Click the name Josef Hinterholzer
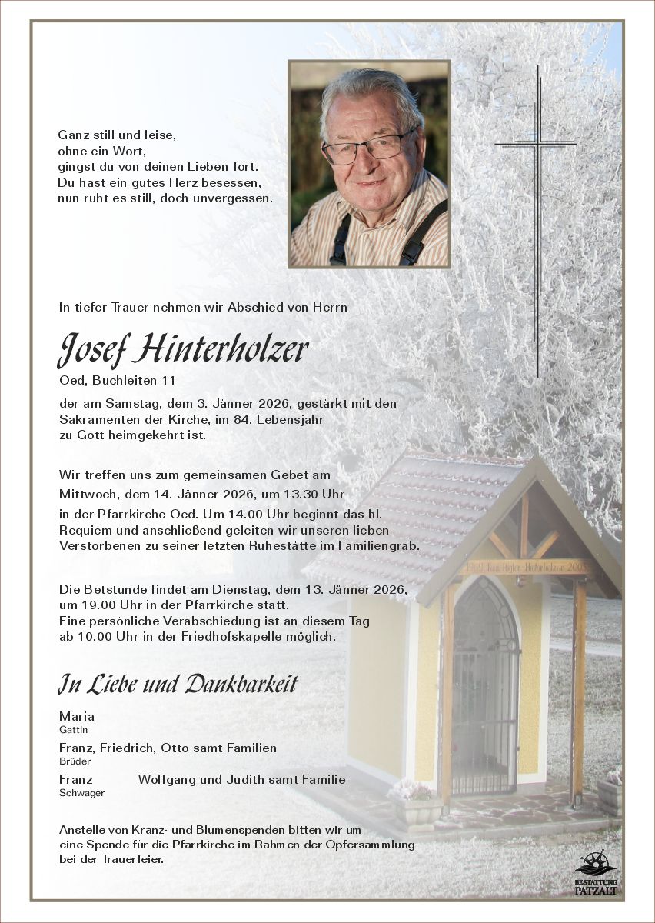tap(183, 350)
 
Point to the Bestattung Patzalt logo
tap(596, 874)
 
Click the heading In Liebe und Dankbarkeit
tap(178, 684)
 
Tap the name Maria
tap(77, 716)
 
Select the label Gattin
tap(72, 729)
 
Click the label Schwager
tap(81, 793)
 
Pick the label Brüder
tap(75, 761)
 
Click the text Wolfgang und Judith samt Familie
tap(241, 779)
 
